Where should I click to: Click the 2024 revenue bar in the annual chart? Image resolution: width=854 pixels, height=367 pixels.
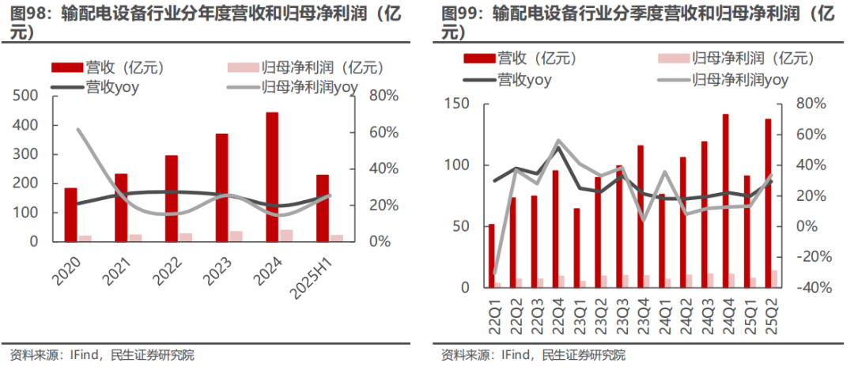click(x=272, y=177)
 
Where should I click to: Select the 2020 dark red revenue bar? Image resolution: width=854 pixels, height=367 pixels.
click(x=71, y=214)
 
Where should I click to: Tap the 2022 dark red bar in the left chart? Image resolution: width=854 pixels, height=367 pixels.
click(x=172, y=198)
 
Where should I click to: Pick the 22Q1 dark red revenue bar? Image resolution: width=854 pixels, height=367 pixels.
click(x=491, y=256)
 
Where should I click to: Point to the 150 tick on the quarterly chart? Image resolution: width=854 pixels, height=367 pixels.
click(x=457, y=104)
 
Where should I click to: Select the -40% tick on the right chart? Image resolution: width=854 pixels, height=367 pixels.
click(x=808, y=288)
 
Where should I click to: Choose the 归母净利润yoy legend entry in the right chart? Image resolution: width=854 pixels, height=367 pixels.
click(x=740, y=79)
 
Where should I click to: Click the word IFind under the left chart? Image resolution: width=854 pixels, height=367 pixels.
click(x=77, y=355)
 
